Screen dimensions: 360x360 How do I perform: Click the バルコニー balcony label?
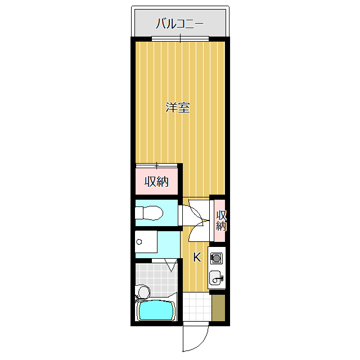click(179, 24)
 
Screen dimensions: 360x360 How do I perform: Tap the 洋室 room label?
click(177, 107)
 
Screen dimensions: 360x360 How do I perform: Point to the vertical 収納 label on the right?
click(221, 221)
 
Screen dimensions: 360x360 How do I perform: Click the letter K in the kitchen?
click(197, 258)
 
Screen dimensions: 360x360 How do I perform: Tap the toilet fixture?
click(148, 213)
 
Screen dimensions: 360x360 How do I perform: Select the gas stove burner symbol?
click(216, 259)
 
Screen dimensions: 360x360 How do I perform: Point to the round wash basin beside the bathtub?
click(143, 292)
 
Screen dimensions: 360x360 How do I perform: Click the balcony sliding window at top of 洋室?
click(180, 39)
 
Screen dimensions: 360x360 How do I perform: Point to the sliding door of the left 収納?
click(156, 165)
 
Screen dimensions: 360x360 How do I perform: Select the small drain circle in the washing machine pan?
click(138, 242)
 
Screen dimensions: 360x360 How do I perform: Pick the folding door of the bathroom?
click(170, 264)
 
